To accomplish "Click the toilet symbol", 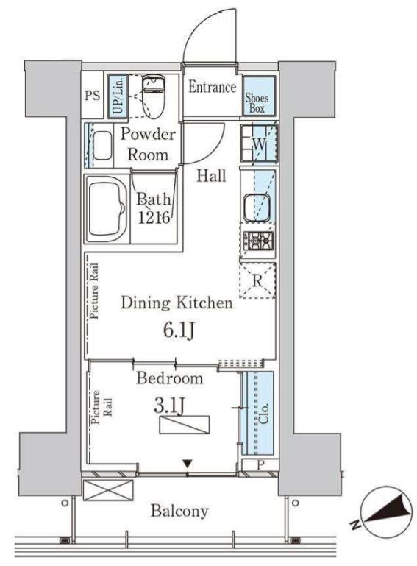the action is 152,96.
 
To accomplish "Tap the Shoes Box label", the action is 257,103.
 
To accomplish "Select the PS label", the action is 93,95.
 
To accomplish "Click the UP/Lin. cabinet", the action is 118,96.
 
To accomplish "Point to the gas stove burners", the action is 258,240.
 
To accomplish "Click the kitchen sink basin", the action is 257,208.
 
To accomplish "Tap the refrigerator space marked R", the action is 257,280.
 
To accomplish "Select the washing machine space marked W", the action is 259,144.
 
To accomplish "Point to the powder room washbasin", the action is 103,145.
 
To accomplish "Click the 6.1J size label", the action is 179,330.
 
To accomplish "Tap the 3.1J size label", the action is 170,406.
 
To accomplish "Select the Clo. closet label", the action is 264,414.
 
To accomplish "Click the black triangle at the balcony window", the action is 187,463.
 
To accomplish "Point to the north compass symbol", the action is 385,513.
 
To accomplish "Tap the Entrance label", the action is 212,87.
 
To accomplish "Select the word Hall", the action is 211,175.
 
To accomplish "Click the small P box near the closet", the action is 260,465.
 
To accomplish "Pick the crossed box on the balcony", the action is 108,490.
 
